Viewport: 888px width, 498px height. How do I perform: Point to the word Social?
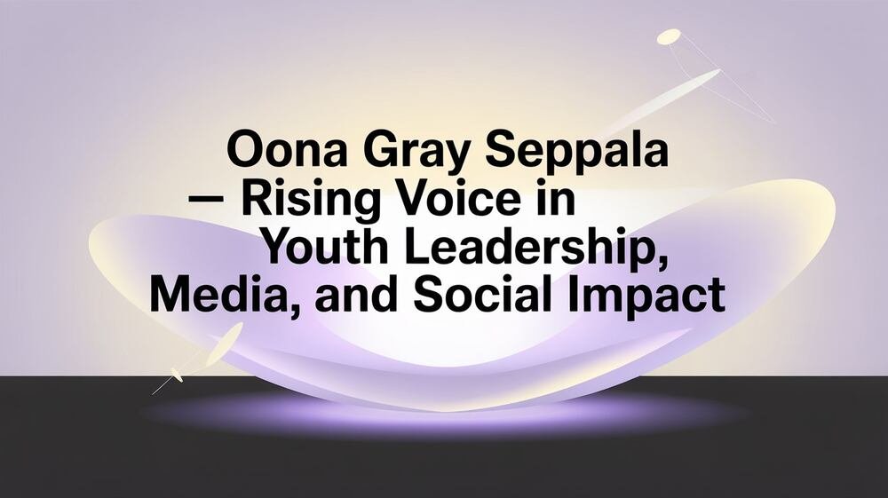488,295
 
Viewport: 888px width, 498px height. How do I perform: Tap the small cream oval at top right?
669,36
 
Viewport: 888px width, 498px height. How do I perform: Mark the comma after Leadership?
661,264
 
